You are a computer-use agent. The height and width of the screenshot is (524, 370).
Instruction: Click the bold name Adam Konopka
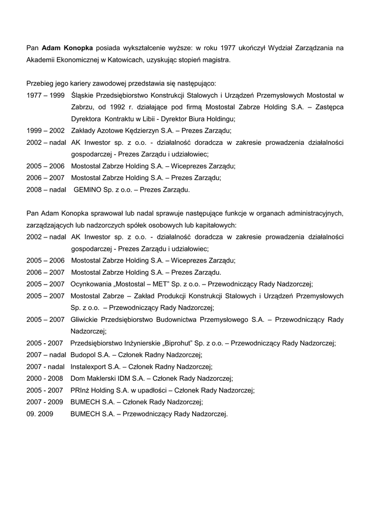pos(67,48)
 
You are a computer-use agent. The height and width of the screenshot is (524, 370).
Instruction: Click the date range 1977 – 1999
pos(45,95)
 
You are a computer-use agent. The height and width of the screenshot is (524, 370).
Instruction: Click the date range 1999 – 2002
pos(45,130)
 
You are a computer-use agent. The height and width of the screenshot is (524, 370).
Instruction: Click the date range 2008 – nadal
pos(47,189)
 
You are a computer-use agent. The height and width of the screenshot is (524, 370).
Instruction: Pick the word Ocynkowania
pos(90,283)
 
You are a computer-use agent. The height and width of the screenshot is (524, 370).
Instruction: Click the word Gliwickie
pos(87,319)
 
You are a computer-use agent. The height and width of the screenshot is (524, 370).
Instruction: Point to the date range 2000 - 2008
pos(44,378)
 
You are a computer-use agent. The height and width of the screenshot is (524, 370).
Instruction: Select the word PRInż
pos(80,390)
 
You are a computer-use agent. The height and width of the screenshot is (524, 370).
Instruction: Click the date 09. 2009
pos(39,413)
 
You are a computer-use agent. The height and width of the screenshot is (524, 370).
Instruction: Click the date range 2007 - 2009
pos(44,402)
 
